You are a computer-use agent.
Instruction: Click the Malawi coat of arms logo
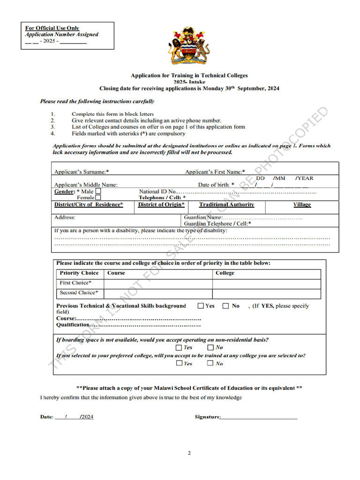coord(189,46)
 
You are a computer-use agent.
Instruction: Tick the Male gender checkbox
coord(98,191)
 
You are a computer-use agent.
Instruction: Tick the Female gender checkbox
coord(98,198)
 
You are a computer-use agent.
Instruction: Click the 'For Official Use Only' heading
coord(52,28)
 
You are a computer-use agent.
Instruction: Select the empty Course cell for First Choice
coord(158,284)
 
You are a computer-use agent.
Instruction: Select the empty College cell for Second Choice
coord(266,293)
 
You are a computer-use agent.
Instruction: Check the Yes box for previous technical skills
coord(201,306)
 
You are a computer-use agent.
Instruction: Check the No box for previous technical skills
coord(225,306)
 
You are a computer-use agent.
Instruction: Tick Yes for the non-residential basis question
coord(179,347)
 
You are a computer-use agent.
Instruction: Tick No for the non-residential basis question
coord(210,347)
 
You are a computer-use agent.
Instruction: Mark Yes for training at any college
coord(179,363)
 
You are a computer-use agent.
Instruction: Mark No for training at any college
coord(210,363)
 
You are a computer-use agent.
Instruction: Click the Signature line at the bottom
coord(259,417)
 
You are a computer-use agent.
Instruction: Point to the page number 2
coord(189,453)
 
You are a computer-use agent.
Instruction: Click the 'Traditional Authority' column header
coord(226,205)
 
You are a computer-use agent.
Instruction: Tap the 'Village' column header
coord(302,205)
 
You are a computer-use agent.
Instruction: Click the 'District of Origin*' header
coord(161,205)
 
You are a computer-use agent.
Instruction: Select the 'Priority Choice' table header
coord(79,273)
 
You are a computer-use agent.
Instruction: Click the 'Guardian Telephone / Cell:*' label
coord(217,224)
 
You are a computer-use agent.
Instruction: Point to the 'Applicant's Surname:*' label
coord(82,172)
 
